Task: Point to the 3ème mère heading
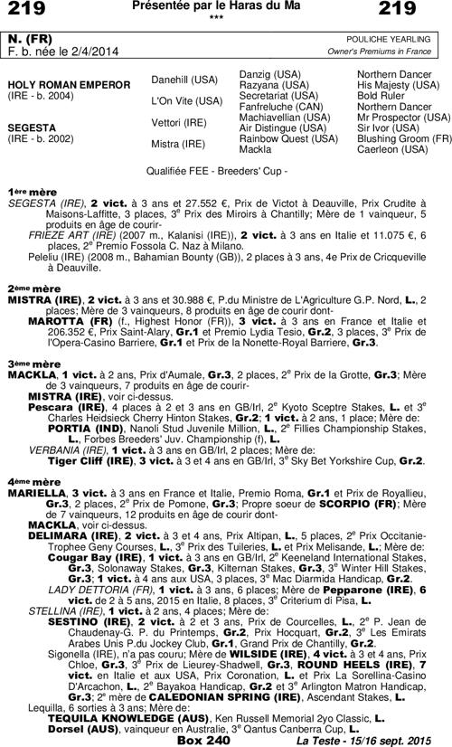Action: point(27,363)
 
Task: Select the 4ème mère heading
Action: point(27,480)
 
